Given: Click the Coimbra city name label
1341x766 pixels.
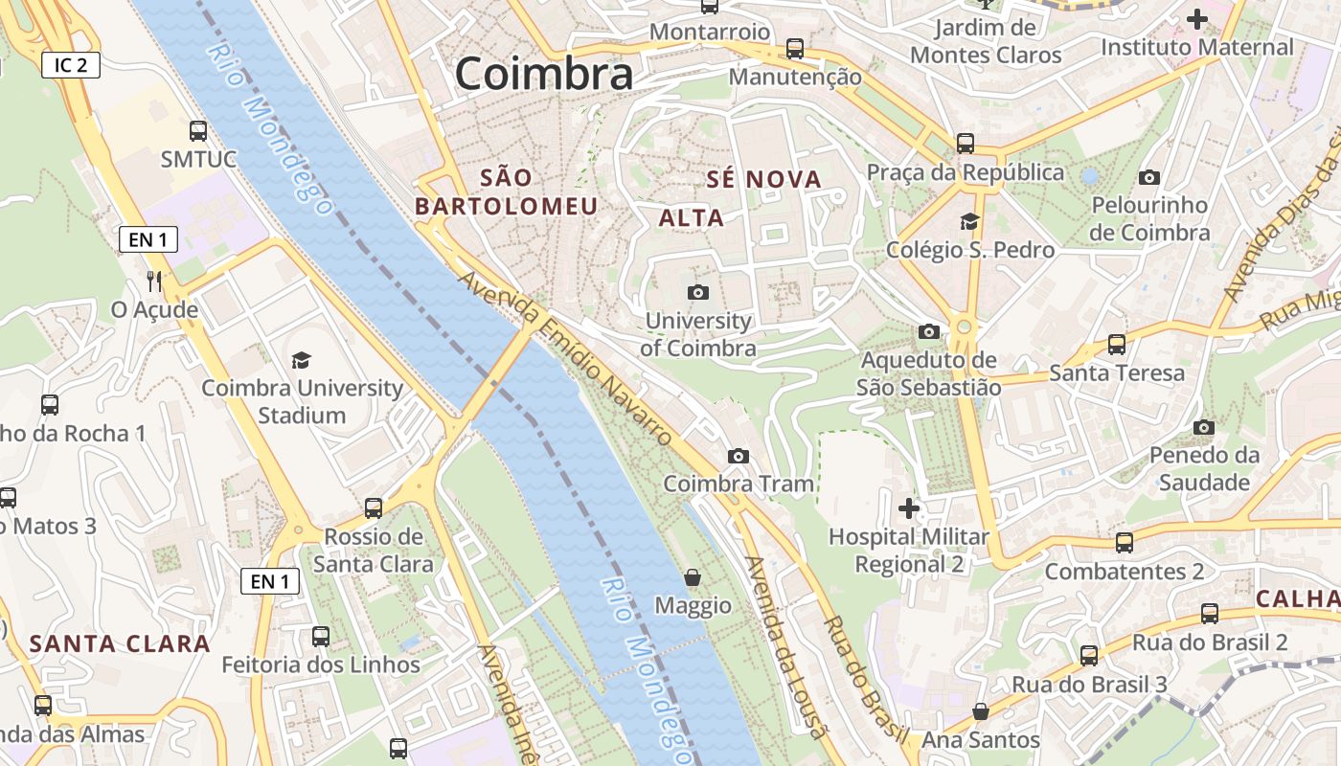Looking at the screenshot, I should tap(543, 74).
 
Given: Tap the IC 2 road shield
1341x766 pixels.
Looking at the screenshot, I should tap(71, 65).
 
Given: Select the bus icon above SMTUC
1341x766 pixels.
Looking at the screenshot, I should tap(198, 131).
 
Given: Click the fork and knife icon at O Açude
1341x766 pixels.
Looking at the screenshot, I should tap(153, 281).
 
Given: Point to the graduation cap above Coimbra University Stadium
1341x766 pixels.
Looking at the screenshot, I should tap(302, 360).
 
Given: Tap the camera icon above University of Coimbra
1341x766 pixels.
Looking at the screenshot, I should tap(698, 292).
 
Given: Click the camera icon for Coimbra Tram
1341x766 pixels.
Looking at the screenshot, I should tap(738, 456).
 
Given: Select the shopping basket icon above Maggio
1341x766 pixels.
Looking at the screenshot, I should tap(693, 577).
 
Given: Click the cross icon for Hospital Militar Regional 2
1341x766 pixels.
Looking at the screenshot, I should tap(909, 507).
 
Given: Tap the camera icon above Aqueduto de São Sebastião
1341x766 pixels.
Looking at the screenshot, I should tap(928, 331).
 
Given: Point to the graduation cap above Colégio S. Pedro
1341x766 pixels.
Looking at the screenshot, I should tap(969, 221).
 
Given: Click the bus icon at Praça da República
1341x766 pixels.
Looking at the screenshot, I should tap(966, 144).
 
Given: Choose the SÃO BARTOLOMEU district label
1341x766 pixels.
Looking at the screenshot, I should tap(507, 191).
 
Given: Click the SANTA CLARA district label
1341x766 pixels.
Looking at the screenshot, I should tap(120, 643).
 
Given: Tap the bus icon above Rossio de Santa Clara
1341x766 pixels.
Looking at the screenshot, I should tap(374, 507).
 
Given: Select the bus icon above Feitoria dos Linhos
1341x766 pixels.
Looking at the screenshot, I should tap(321, 636).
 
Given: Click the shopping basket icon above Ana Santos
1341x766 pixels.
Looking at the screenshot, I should tap(980, 711).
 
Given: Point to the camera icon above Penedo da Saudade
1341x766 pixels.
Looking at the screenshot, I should tap(1204, 427).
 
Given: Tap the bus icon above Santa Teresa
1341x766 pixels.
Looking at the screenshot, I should tap(1117, 345).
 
